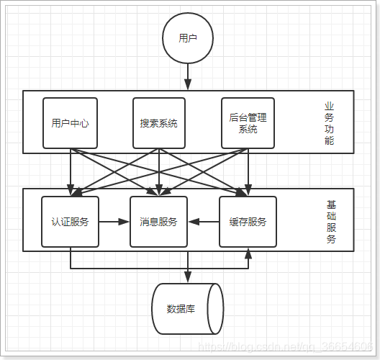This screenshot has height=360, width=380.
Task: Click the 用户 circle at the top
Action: [x=188, y=38]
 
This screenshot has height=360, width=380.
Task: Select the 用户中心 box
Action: [x=71, y=123]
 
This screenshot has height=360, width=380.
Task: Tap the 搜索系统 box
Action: [x=159, y=123]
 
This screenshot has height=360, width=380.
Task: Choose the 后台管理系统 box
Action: [x=248, y=123]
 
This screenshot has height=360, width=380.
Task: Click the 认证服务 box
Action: [x=70, y=222]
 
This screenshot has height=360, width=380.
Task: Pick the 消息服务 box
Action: [x=158, y=222]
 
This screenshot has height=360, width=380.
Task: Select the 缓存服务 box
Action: [x=248, y=222]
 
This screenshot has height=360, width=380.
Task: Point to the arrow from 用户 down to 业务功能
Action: [x=188, y=75]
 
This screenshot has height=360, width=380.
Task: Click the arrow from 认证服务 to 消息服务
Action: [x=114, y=222]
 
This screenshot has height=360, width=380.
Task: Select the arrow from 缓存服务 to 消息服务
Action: [x=204, y=222]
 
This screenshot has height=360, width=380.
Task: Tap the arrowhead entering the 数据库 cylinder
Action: [x=188, y=278]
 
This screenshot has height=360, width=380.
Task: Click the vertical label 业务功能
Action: [x=329, y=123]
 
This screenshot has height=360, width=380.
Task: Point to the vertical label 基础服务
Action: [x=331, y=222]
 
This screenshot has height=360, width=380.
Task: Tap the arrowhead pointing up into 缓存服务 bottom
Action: [x=248, y=253]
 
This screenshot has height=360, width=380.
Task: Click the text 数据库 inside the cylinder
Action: [x=181, y=309]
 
